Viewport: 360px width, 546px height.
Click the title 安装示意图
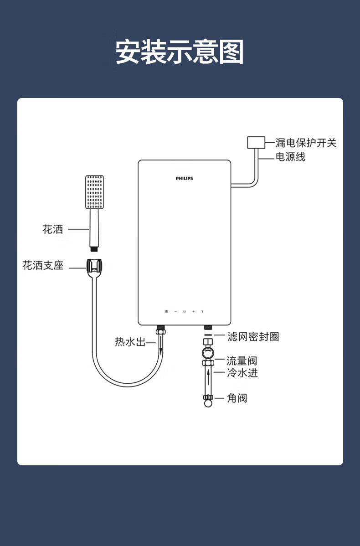click(x=180, y=52)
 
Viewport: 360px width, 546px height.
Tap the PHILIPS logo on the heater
click(x=185, y=178)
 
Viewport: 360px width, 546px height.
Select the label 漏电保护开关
click(x=306, y=143)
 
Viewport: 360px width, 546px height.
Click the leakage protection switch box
click(x=256, y=142)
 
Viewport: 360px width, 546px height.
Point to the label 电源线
click(x=290, y=157)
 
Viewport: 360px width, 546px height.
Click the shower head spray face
click(x=95, y=192)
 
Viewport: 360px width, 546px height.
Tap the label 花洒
click(x=53, y=229)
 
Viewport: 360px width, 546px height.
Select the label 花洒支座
click(x=43, y=265)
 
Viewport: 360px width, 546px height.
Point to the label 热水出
click(x=130, y=342)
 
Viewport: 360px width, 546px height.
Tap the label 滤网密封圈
click(x=253, y=337)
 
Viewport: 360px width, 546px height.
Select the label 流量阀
click(x=242, y=361)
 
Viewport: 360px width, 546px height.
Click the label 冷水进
click(x=242, y=373)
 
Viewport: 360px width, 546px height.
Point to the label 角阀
click(x=237, y=398)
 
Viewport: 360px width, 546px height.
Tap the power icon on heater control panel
click(x=185, y=311)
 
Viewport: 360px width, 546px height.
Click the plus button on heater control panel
click(x=193, y=311)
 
